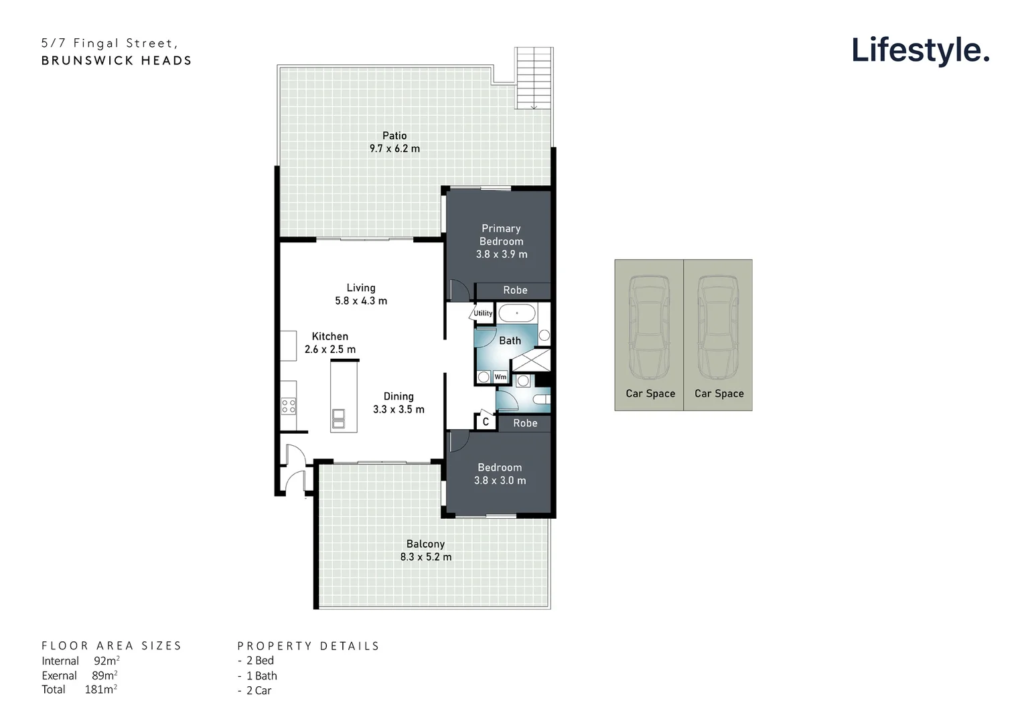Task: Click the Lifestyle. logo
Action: [x=920, y=50]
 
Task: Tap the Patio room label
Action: [x=394, y=136]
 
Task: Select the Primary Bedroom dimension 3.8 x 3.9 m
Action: [x=502, y=254]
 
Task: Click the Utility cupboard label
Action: [x=483, y=313]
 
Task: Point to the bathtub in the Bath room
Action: [x=516, y=313]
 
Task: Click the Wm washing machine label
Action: [x=500, y=377]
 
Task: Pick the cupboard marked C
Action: [x=486, y=422]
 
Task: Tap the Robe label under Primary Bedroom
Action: [x=515, y=290]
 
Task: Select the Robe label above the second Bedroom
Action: [x=525, y=423]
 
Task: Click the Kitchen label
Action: [x=330, y=337]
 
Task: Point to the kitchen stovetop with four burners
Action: [x=289, y=406]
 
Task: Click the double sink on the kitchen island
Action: [x=338, y=418]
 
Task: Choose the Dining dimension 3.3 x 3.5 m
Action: [x=398, y=410]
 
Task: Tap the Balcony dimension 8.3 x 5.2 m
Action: [x=426, y=557]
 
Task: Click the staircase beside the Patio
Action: [x=534, y=78]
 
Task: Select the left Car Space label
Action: [x=650, y=394]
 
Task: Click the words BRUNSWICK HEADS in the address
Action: [x=117, y=60]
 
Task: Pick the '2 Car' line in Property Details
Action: [x=259, y=691]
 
